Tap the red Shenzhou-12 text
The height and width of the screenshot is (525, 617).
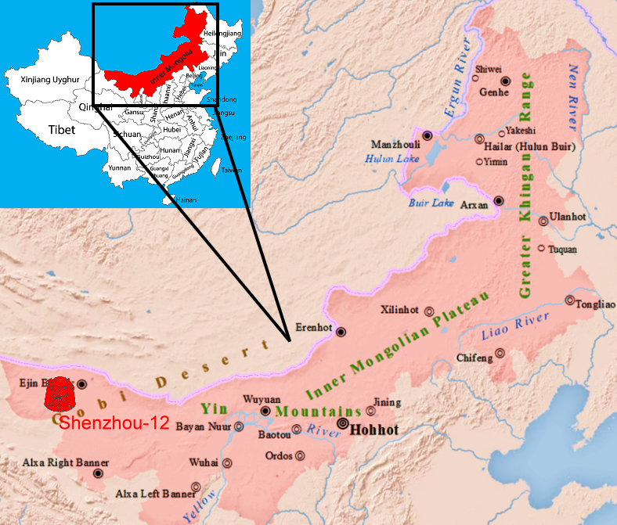pos(114,425)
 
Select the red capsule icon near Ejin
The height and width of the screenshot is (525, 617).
pos(60,397)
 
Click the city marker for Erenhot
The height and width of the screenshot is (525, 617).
pos(341,332)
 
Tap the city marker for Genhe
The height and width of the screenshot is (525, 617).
pos(506,81)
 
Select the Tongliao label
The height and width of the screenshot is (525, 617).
pos(594,306)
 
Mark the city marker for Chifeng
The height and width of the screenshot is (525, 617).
pos(500,353)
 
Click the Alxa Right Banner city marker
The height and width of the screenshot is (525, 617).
pos(98,473)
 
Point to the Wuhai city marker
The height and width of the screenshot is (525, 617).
pos(227,462)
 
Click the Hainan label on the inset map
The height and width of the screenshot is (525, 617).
pos(186,200)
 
